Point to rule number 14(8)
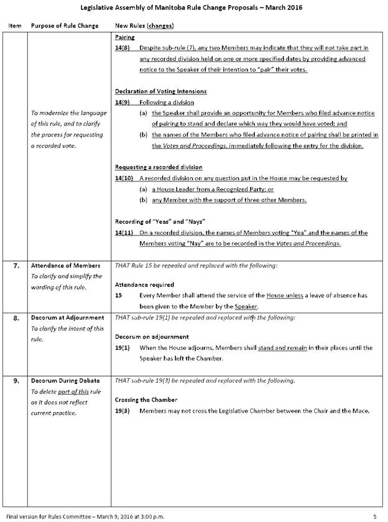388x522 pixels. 123,48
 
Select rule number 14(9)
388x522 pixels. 123,102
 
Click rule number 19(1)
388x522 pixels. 122,348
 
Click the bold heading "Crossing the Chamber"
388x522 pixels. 146,400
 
